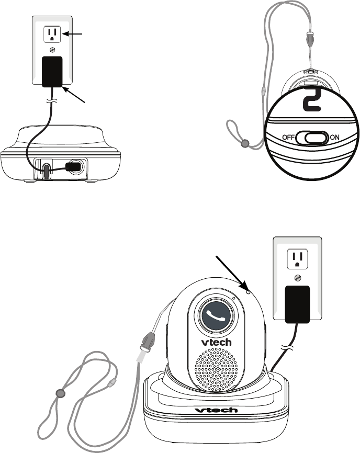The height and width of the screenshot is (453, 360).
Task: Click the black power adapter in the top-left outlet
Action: coord(51,71)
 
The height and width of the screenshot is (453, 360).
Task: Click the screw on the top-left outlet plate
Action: coord(51,50)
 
